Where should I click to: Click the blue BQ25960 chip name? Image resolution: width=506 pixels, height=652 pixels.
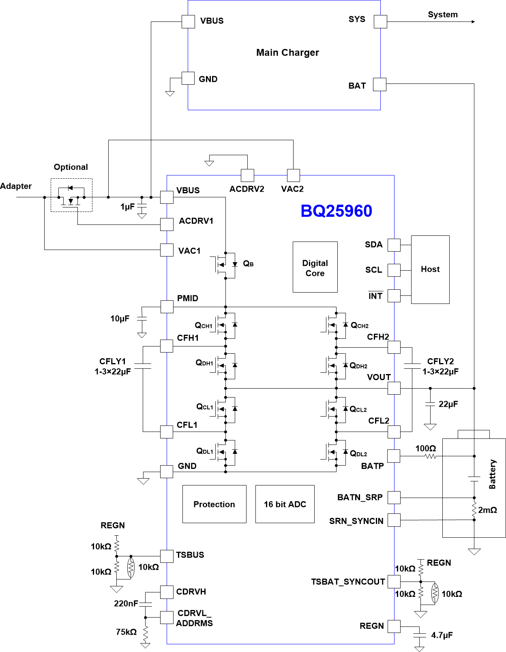pos(336,211)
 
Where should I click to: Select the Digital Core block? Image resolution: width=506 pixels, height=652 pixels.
pos(315,267)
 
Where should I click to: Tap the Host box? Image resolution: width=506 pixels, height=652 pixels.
pos(430,269)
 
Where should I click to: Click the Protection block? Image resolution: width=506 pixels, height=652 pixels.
pos(214,504)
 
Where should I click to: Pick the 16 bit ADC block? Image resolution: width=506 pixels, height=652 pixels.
pos(285,504)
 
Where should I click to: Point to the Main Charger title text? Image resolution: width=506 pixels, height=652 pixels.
pos(287,53)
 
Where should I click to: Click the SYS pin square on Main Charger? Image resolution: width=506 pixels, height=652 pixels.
pos(380,21)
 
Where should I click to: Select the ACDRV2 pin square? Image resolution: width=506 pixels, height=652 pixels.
pos(247,175)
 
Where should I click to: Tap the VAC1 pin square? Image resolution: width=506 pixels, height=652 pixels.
pos(167,250)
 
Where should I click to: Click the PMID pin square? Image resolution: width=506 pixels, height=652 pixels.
pos(167,307)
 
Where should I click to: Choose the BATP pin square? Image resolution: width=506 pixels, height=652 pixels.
pos(394,456)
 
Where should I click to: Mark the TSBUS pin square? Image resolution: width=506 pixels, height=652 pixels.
pos(167,556)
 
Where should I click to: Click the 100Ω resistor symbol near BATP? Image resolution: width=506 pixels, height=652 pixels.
pos(430,456)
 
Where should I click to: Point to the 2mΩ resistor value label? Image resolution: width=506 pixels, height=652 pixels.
pos(487,510)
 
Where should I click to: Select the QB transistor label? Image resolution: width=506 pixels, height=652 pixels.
pos(248,264)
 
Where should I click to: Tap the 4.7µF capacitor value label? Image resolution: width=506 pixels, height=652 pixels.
pos(442,635)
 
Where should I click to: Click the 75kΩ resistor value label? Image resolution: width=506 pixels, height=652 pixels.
pos(126,632)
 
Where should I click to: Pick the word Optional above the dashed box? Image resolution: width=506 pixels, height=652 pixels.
pos(71,167)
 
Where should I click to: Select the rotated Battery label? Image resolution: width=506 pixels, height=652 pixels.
pos(492,474)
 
